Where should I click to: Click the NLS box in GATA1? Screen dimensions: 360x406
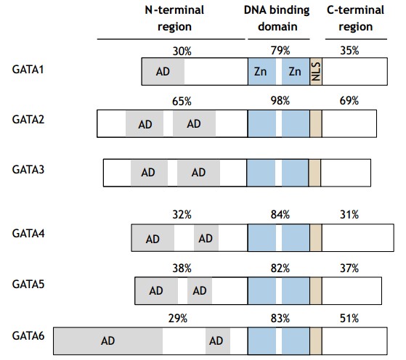click(x=316, y=72)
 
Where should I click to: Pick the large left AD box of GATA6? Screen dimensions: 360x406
click(x=107, y=340)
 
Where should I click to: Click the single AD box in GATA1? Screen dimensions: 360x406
click(x=163, y=72)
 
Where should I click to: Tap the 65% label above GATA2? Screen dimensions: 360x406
click(x=182, y=102)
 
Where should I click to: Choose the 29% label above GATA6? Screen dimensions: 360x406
click(x=178, y=317)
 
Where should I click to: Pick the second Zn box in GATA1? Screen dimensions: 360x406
click(x=295, y=72)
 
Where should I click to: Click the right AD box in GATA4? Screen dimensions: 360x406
click(x=206, y=238)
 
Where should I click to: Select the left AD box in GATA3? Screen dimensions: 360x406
click(x=148, y=173)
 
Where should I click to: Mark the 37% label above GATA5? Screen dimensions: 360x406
click(x=349, y=268)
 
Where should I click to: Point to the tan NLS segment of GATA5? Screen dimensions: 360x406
click(x=315, y=290)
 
